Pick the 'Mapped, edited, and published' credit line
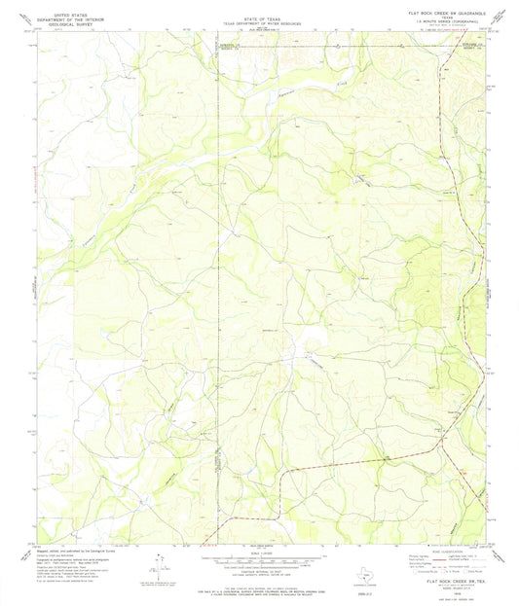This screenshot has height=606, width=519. click(78, 549)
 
